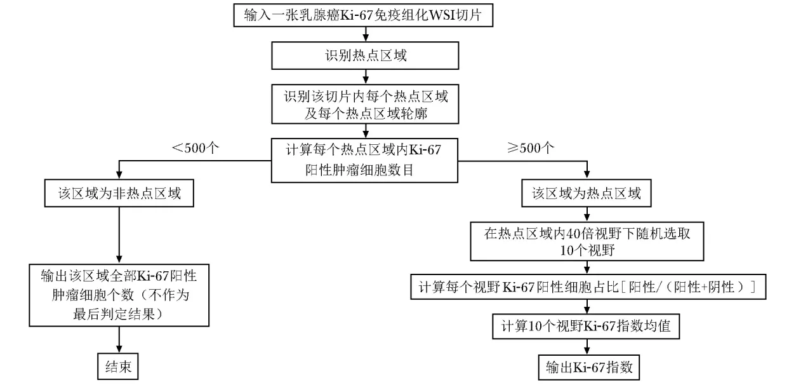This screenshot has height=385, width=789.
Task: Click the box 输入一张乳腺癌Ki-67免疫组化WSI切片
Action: point(363,15)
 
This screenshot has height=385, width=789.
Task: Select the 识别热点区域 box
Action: point(365,56)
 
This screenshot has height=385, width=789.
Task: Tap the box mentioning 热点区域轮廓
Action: point(365,104)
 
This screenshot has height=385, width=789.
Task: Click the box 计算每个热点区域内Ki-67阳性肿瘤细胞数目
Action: point(364,160)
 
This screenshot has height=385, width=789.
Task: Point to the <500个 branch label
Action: point(195,148)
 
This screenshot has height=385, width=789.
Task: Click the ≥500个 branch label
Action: point(531,148)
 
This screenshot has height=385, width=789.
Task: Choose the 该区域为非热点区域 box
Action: point(119,193)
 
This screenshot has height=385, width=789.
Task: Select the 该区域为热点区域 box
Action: point(587,193)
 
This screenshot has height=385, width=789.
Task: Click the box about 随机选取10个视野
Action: point(587,241)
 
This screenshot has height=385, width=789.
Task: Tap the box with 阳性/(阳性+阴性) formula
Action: point(588,287)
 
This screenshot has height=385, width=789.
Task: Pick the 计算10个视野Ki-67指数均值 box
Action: point(586,327)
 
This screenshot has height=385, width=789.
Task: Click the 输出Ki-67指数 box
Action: point(589,367)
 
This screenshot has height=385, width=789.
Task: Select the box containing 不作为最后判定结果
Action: point(119,295)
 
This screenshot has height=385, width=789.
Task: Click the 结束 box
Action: point(118,367)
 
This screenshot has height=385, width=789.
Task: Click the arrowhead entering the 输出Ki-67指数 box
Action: point(587,351)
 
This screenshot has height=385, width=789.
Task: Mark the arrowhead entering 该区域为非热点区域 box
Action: point(119,175)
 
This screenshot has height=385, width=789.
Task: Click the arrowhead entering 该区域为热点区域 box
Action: point(587,175)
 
